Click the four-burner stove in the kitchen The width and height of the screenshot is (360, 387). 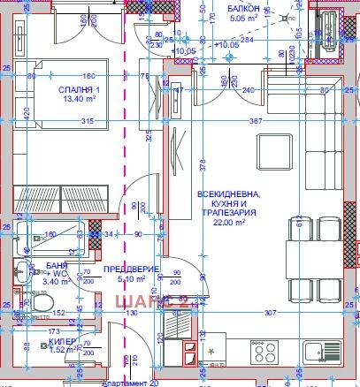264,351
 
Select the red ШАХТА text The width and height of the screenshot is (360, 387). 142,302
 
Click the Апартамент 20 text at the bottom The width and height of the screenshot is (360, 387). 129,383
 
